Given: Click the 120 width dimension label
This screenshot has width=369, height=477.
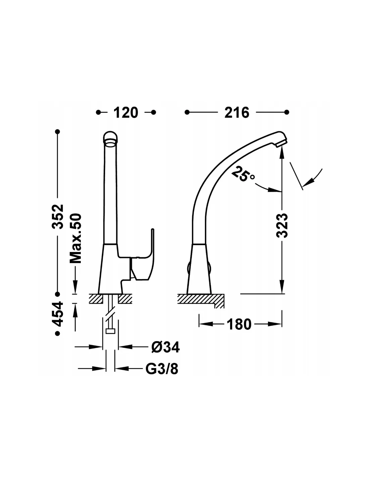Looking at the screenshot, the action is click(125, 112).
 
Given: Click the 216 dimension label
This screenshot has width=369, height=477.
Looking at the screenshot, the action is click(237, 112).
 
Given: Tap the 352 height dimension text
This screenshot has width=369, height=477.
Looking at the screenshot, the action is click(58, 217).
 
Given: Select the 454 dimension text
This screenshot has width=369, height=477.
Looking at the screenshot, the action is click(58, 314).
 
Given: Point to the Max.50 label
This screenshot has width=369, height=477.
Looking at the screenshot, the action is click(75, 238).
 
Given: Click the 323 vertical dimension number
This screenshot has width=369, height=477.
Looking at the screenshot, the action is click(282, 225).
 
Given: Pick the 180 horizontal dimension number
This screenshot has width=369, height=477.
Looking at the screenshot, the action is click(239, 324).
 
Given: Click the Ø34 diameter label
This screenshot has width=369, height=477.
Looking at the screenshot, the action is click(165, 347).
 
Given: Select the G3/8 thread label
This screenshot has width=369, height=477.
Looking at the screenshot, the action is click(162, 369).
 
